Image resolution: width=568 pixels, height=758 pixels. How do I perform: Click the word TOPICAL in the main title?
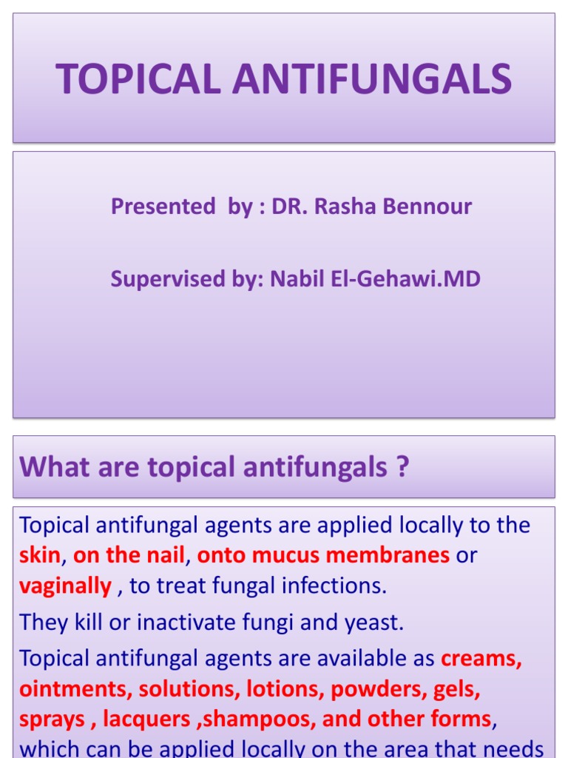tap(138, 78)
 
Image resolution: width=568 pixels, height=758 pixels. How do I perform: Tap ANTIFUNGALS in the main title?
tap(373, 78)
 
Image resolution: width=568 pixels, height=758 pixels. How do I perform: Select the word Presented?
tap(163, 207)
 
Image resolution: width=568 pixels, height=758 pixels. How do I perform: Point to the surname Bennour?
tap(427, 207)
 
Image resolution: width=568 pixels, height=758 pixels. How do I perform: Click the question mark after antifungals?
tap(402, 466)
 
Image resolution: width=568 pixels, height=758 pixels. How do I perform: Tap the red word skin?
tap(40, 555)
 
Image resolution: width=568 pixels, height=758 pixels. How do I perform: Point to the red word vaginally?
tap(66, 586)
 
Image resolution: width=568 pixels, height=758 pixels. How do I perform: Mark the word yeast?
tap(373, 623)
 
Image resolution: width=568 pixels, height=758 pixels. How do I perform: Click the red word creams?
tap(481, 659)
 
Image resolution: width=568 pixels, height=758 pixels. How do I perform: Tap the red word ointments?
tap(76, 689)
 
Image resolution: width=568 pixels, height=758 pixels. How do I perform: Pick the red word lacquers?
tap(146, 720)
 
